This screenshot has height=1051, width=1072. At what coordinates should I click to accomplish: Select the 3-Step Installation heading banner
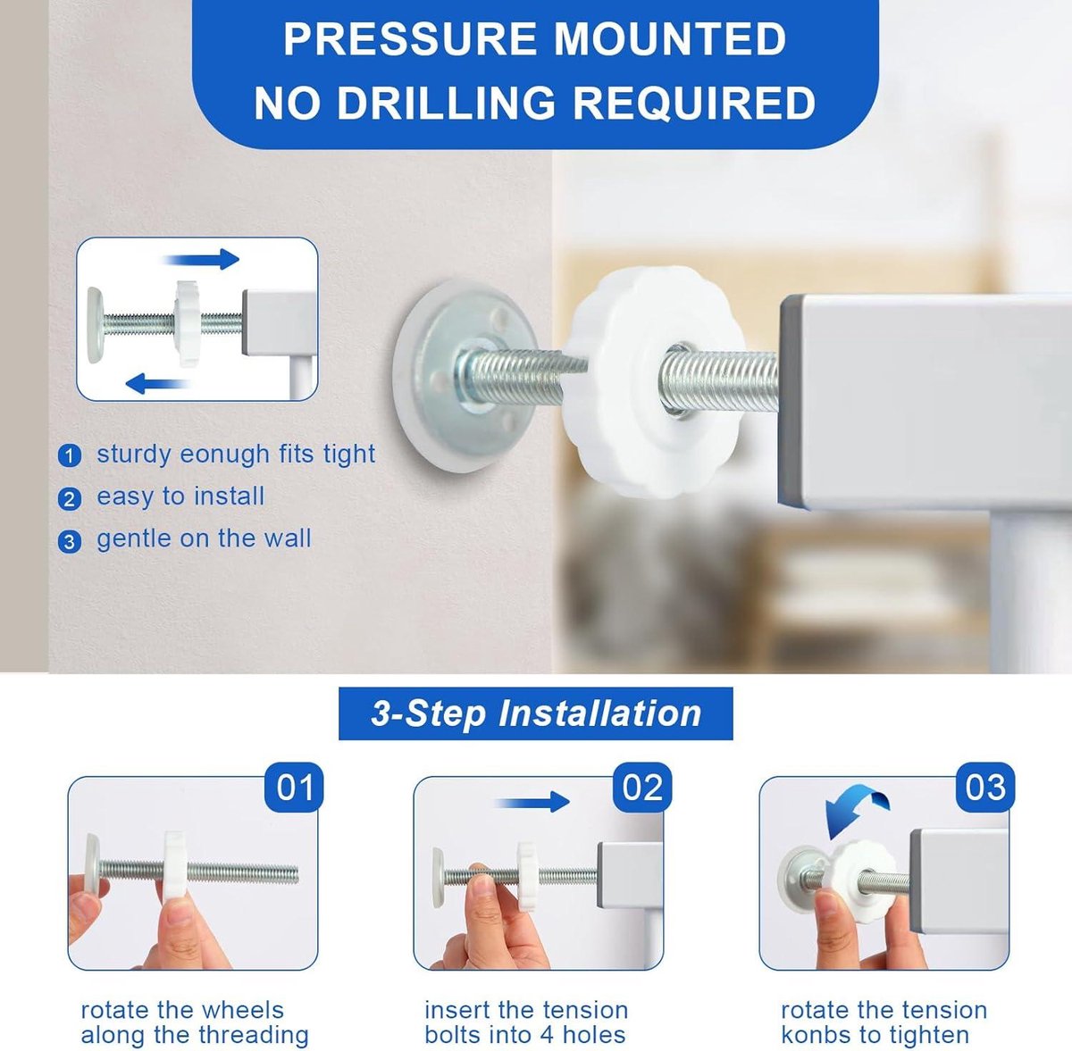pyautogui.click(x=535, y=713)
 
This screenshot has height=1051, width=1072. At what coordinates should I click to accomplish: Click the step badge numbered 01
pyautogui.click(x=294, y=788)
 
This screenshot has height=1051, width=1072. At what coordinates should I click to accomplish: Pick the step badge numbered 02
pyautogui.click(x=642, y=788)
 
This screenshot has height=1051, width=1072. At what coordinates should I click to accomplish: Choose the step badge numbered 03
pyautogui.click(x=985, y=788)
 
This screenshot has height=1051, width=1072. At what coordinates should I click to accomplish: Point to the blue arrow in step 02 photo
pyautogui.click(x=532, y=802)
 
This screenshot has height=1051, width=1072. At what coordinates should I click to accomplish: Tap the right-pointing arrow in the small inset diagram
pyautogui.click(x=200, y=259)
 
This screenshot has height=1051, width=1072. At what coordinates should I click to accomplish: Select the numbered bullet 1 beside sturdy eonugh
pyautogui.click(x=70, y=455)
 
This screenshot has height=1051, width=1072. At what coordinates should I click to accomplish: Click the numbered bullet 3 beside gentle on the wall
pyautogui.click(x=70, y=541)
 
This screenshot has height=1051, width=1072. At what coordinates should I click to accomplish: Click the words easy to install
pyautogui.click(x=180, y=496)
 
